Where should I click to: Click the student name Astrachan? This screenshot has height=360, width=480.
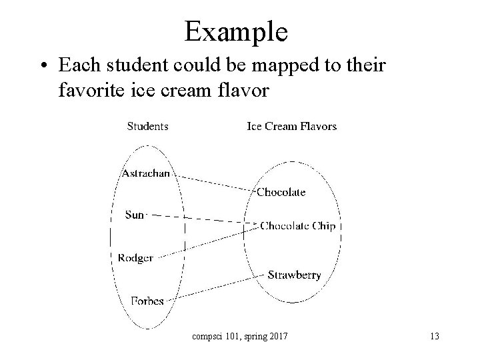click(x=145, y=173)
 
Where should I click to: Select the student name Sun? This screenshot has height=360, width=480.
click(x=134, y=215)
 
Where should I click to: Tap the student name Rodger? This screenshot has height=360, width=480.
click(x=135, y=258)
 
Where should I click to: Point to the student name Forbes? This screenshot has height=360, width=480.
click(x=147, y=301)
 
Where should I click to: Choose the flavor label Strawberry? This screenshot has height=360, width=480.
click(x=294, y=275)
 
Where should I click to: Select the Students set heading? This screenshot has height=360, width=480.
click(x=147, y=126)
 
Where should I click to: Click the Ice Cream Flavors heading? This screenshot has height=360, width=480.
click(x=292, y=126)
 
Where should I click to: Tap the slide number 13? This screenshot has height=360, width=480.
click(x=434, y=337)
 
